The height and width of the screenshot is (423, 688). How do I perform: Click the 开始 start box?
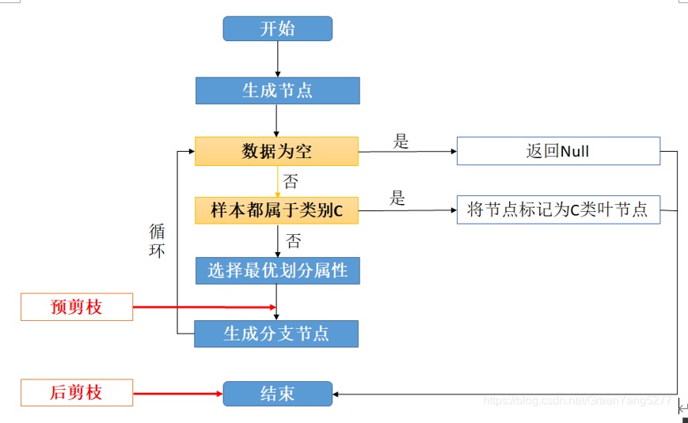click(x=277, y=29)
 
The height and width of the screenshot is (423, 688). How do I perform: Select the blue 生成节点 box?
click(x=277, y=90)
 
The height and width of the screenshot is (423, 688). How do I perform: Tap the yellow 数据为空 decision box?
click(x=277, y=151)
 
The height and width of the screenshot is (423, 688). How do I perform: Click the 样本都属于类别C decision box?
click(x=277, y=210)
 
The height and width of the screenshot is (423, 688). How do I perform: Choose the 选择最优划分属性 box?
click(x=277, y=270)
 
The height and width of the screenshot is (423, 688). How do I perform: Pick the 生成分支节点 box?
click(x=277, y=334)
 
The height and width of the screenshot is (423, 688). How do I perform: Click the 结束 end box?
click(x=277, y=393)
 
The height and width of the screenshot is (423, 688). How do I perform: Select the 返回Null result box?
click(x=558, y=151)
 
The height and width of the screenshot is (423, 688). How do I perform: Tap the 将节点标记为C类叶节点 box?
click(x=558, y=210)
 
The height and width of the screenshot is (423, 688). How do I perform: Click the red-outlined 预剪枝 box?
click(x=77, y=307)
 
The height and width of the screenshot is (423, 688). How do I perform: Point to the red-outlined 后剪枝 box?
click(x=77, y=392)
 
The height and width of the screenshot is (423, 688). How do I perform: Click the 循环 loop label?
click(x=157, y=242)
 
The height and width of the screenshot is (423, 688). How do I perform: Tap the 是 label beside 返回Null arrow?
click(x=401, y=142)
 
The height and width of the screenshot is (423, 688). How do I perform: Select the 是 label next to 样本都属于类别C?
click(x=397, y=198)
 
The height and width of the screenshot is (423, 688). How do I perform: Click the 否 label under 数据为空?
click(x=291, y=182)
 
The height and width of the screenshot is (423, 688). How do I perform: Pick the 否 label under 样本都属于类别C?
click(x=294, y=241)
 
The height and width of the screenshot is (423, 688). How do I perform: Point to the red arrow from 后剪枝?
click(x=177, y=392)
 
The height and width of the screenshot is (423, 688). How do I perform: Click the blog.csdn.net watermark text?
click(x=576, y=401)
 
